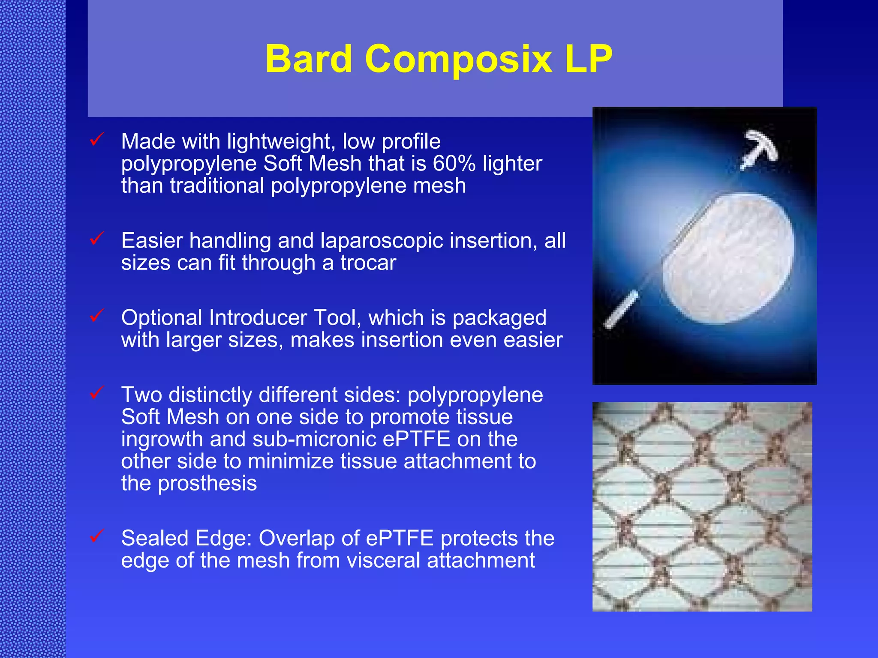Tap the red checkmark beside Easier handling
97,238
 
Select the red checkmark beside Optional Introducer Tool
97,315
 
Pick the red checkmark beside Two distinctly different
97,392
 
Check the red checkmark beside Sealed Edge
97,535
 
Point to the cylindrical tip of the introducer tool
621,309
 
